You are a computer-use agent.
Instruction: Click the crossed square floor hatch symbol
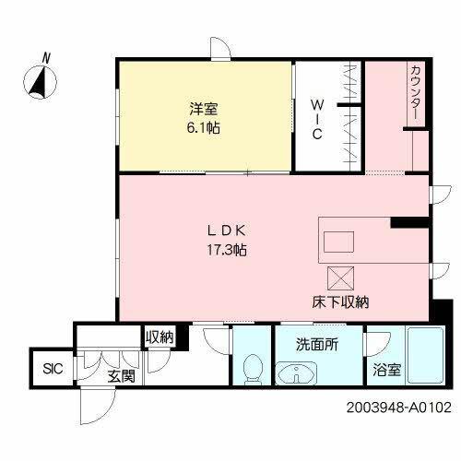pyautogui.click(x=338, y=278)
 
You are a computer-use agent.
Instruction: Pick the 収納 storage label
pyautogui.click(x=159, y=338)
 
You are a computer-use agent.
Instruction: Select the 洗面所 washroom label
pyautogui.click(x=315, y=346)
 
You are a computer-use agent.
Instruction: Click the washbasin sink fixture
pyautogui.click(x=296, y=373)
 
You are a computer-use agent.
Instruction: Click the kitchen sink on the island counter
pyautogui.click(x=337, y=242)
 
